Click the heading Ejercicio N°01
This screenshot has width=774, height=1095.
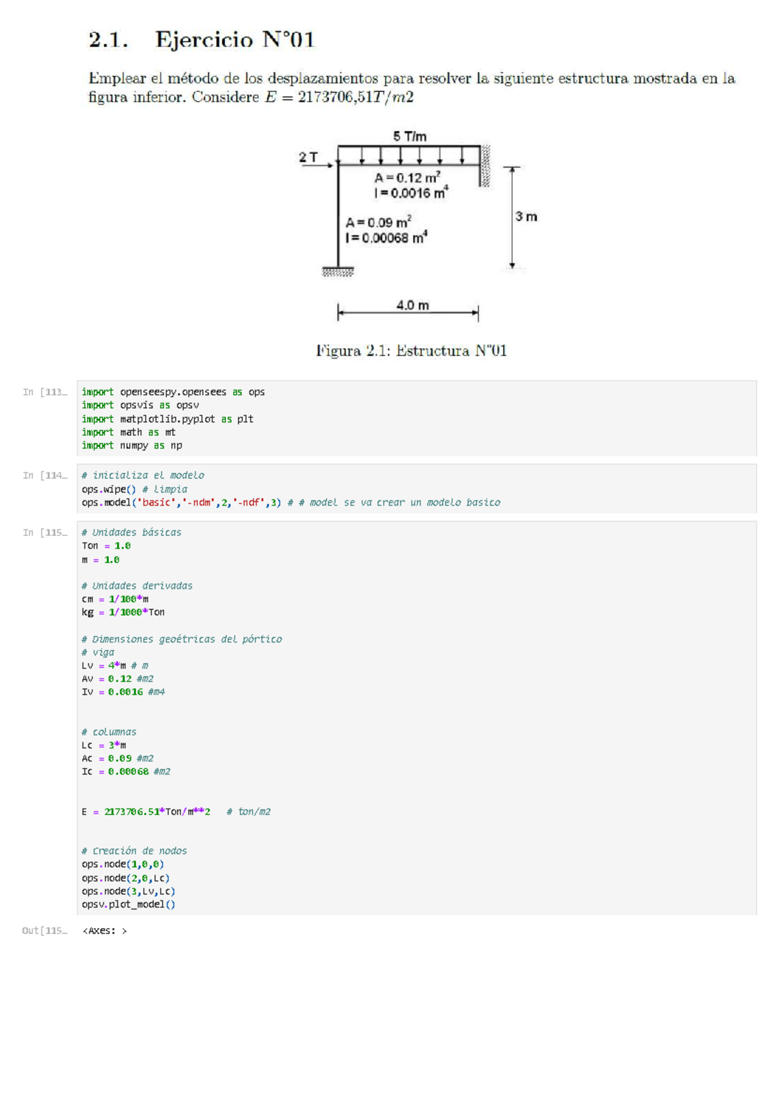tap(234, 40)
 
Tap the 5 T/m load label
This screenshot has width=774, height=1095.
tap(410, 136)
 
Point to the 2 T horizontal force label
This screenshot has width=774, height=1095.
tap(308, 157)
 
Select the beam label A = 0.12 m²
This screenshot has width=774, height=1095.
tap(407, 177)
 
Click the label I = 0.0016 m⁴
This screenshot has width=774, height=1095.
tap(410, 193)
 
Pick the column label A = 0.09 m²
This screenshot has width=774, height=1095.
tap(378, 222)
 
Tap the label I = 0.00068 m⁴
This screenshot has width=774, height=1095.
tap(386, 238)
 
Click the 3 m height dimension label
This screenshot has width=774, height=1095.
tap(526, 217)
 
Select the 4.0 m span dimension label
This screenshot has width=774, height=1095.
tap(412, 305)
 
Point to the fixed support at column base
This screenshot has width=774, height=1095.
tap(338, 271)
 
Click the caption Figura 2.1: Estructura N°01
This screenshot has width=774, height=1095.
tap(411, 351)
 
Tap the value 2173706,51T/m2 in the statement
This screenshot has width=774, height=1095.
tap(355, 97)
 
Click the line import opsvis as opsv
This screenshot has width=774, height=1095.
tap(140, 405)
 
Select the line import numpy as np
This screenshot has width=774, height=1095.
tap(132, 445)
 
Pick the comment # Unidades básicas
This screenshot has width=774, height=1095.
tap(132, 532)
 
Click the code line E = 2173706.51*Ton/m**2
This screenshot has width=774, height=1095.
tap(146, 811)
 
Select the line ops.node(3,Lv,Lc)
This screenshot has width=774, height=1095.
tap(128, 891)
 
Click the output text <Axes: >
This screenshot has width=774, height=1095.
tap(104, 931)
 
